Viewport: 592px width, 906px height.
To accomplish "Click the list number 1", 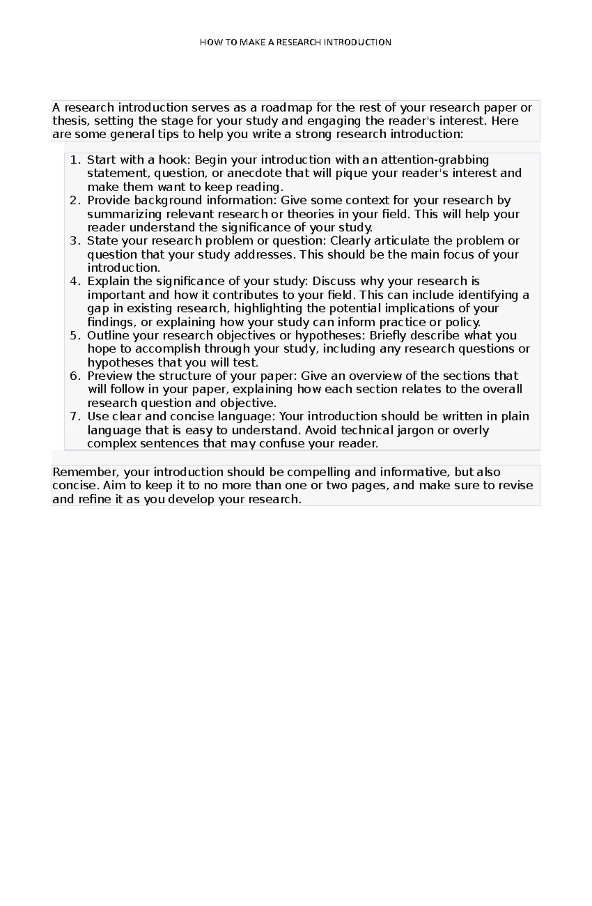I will [74, 160].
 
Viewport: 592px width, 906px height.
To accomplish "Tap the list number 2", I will [74, 200].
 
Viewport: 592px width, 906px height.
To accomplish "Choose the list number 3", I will [74, 241].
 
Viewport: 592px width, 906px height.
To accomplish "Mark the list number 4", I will [74, 281].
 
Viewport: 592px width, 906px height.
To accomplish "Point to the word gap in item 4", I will [97, 309].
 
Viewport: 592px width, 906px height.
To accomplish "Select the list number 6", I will [74, 376].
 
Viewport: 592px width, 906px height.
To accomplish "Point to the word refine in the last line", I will [94, 499].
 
